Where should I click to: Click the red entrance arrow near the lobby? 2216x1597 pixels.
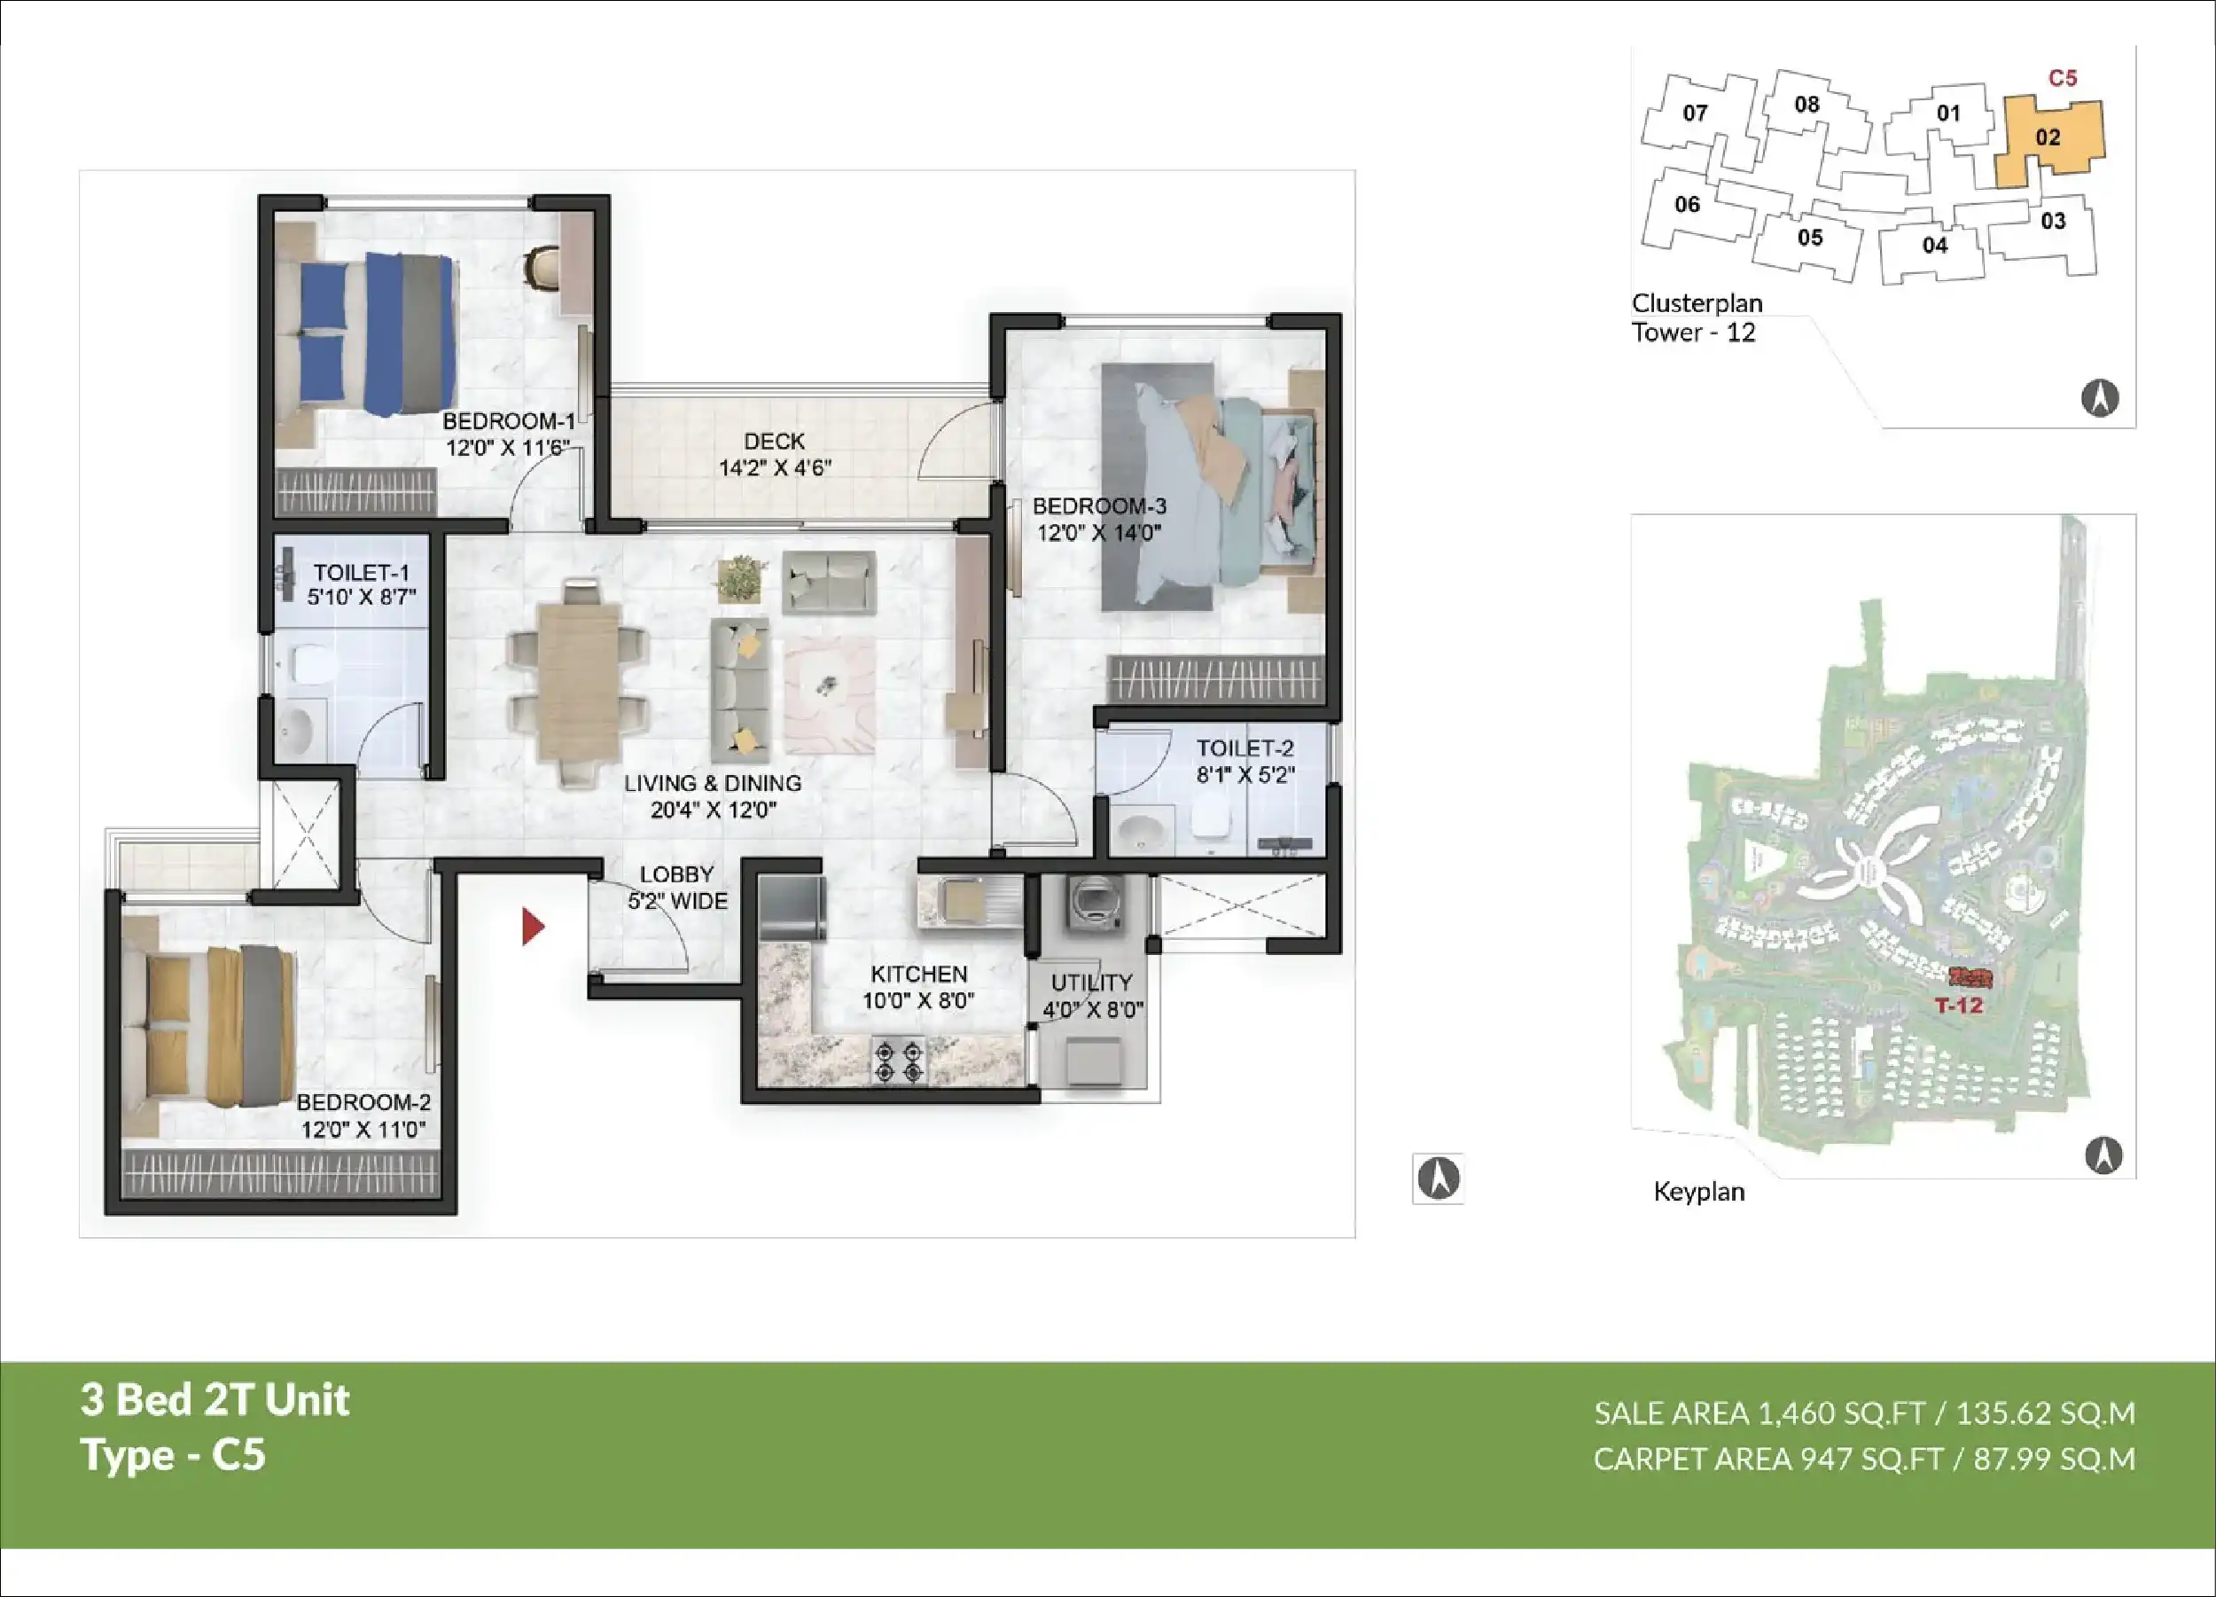[533, 927]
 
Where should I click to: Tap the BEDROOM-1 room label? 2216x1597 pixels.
[508, 421]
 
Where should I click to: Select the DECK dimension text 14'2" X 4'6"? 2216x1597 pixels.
[775, 468]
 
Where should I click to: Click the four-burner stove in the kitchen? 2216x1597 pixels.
[899, 1061]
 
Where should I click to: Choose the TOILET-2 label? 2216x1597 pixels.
[1245, 748]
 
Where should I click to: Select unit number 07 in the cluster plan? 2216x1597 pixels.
[1695, 114]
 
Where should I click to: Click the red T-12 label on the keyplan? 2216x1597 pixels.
[1959, 1006]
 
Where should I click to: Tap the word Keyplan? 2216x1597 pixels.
[1699, 1192]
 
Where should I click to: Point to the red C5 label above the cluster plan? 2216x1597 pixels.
[2063, 78]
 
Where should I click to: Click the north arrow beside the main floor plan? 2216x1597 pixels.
[1439, 1178]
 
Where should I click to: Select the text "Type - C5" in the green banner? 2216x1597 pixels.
[173, 1454]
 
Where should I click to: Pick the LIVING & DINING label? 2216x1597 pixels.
[713, 783]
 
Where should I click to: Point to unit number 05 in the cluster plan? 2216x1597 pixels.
[1811, 238]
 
